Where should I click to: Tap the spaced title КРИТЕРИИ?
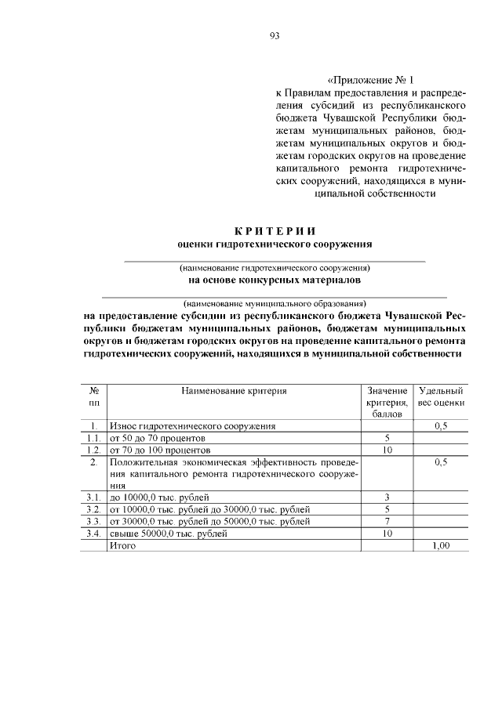275,230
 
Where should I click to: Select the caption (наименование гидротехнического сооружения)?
275,267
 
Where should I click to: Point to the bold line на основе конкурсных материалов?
275,279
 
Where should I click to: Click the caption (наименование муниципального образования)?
275,302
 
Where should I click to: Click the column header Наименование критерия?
234,390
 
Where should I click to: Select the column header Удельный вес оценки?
441,396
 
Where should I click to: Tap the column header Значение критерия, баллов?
387,401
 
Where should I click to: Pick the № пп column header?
93,396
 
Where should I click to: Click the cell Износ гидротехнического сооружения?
193,426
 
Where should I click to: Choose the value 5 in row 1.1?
387,439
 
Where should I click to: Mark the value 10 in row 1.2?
387,451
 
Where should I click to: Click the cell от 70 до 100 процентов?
161,451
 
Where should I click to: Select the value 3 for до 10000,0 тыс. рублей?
387,497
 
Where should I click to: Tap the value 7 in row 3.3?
387,521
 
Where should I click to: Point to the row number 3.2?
93,509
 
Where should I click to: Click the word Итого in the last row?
123,545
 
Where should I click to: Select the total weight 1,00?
441,545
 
